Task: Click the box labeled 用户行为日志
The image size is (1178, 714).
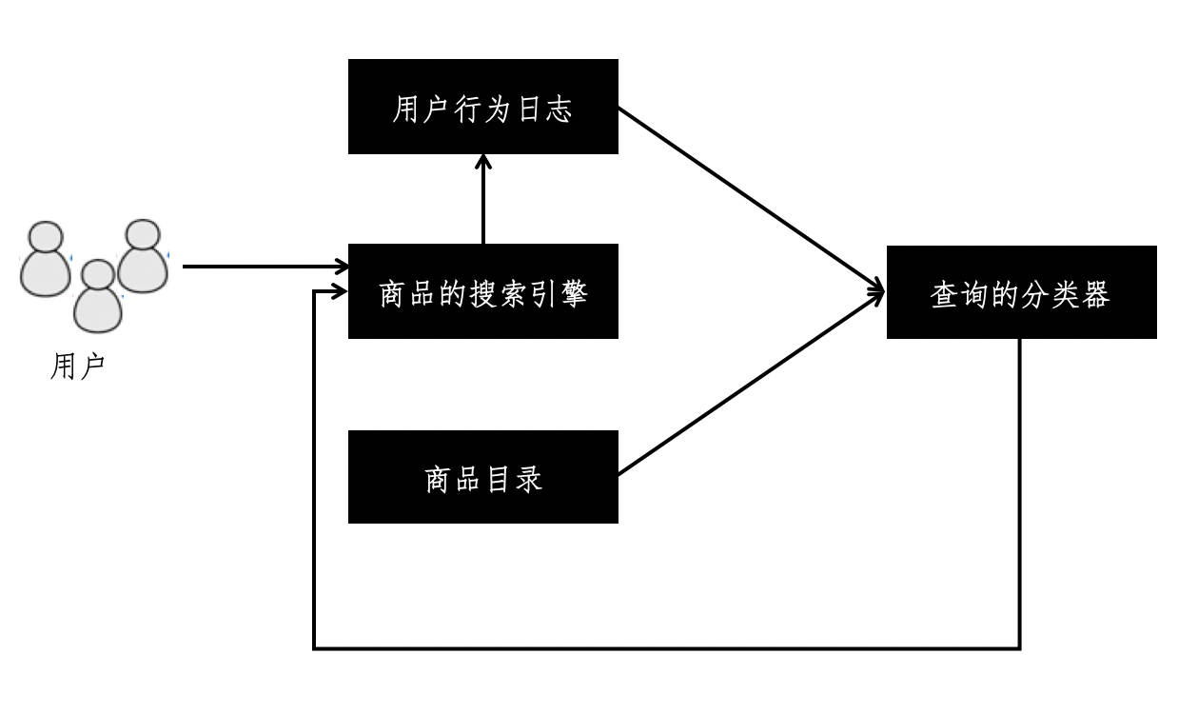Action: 482,107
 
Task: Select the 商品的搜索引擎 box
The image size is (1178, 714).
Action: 482,291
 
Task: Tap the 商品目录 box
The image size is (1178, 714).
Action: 482,477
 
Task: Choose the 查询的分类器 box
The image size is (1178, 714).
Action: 1021,291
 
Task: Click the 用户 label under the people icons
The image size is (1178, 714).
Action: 76,367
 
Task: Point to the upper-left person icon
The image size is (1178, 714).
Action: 46,259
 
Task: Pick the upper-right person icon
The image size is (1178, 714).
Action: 143,255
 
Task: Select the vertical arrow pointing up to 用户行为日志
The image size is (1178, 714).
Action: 483,200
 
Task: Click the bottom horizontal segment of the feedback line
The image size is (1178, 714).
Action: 666,648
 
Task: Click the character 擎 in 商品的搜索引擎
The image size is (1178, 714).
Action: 576,294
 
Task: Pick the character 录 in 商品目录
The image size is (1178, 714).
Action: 530,479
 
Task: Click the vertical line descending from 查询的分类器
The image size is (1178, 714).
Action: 1020,495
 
